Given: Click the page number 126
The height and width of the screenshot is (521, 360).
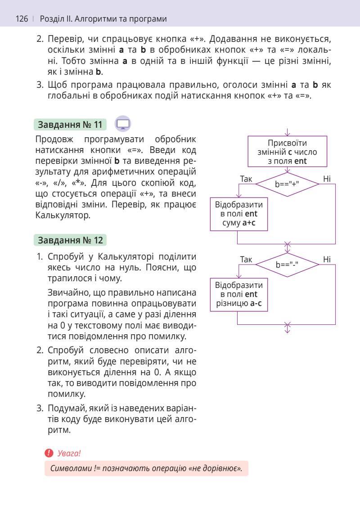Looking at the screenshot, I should pyautogui.click(x=22, y=19).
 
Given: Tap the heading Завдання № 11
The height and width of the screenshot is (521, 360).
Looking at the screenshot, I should pyautogui.click(x=70, y=124).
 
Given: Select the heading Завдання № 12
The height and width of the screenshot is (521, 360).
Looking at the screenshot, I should pyautogui.click(x=70, y=240).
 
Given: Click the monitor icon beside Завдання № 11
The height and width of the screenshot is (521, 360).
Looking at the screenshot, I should pyautogui.click(x=123, y=124).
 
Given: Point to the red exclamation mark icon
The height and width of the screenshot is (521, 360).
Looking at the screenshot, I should pyautogui.click(x=49, y=453).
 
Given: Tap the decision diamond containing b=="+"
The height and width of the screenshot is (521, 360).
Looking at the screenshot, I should pyautogui.click(x=287, y=184).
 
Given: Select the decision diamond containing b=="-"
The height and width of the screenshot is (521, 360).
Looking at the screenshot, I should pyautogui.click(x=287, y=265).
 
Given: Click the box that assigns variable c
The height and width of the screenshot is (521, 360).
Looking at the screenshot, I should pyautogui.click(x=287, y=152).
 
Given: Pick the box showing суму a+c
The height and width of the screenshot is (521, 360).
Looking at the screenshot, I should pyautogui.click(x=239, y=214).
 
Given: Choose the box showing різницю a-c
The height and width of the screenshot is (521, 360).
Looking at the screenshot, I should pyautogui.click(x=239, y=294).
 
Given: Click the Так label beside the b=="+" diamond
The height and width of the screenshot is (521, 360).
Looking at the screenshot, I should pyautogui.click(x=246, y=179).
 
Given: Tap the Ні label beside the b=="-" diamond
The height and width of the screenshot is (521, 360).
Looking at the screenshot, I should pyautogui.click(x=327, y=259).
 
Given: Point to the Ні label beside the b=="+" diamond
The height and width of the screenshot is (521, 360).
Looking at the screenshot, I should pyautogui.click(x=327, y=179).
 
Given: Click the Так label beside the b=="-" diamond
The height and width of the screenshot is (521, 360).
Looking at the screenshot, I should pyautogui.click(x=246, y=259).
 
